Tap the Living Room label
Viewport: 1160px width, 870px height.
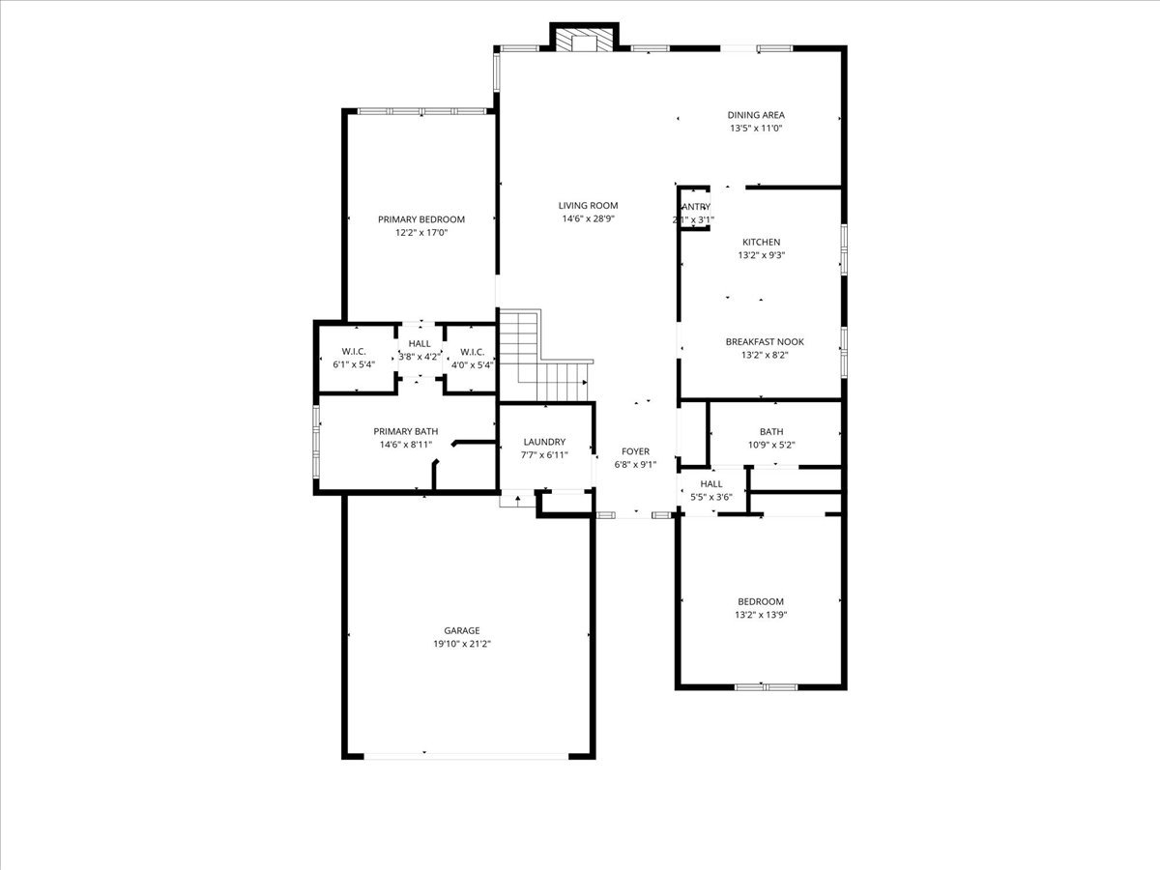click(x=588, y=205)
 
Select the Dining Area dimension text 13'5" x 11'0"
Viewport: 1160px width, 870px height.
click(x=756, y=128)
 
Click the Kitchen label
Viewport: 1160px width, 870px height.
click(x=761, y=242)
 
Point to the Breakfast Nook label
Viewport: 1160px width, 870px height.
click(x=765, y=341)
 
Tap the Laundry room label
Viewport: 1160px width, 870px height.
click(x=544, y=442)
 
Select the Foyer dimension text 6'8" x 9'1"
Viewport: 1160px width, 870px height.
click(x=635, y=465)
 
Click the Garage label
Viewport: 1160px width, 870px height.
click(x=462, y=630)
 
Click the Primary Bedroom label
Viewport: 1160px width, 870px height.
click(x=421, y=219)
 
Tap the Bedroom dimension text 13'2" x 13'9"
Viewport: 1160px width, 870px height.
click(x=760, y=615)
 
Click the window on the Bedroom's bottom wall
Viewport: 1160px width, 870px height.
click(x=766, y=687)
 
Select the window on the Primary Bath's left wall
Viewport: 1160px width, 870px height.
click(x=316, y=442)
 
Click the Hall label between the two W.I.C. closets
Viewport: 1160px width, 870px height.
click(x=420, y=343)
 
